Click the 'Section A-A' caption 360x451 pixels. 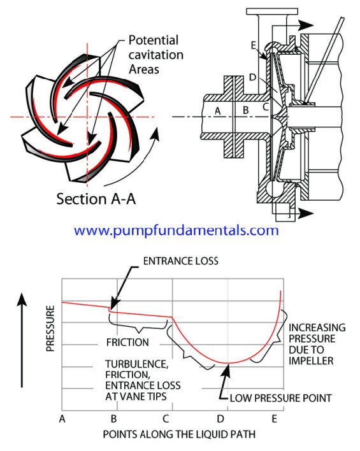(96, 199)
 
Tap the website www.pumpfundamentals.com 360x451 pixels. (176, 231)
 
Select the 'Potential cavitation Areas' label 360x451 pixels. (155, 55)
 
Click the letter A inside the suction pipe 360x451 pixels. (218, 111)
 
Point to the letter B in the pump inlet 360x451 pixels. (245, 110)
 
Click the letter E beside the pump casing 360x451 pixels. (253, 45)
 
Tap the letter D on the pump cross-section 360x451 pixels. (252, 77)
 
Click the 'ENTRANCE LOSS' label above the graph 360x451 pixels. (181, 261)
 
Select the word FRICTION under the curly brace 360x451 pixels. (127, 342)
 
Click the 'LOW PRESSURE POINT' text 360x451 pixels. (280, 398)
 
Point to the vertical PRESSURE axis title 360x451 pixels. (50, 328)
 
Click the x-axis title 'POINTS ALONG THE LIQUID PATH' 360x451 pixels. (179, 434)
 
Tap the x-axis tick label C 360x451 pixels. (166, 419)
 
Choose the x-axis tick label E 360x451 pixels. (274, 419)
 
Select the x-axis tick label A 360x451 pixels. (62, 419)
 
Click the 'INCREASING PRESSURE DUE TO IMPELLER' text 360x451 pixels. (317, 344)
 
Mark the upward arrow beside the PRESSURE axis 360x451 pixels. (22, 340)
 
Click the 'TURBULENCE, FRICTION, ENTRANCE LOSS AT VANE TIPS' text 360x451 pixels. (143, 380)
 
